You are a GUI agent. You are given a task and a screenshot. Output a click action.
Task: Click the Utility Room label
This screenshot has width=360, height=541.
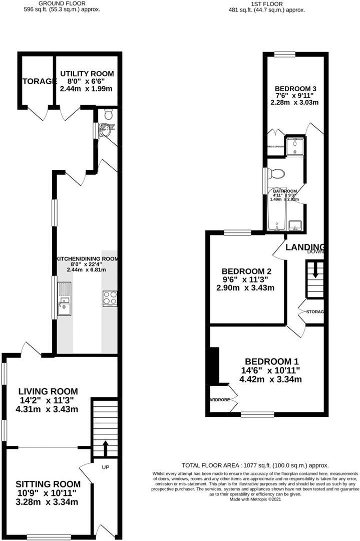click(87, 74)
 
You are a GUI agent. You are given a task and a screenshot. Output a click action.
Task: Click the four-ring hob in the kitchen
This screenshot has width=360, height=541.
click(110, 299)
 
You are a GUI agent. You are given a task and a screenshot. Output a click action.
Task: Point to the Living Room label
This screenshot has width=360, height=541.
click(48, 391)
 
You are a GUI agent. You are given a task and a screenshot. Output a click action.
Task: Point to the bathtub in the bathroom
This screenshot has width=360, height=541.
click(276, 213)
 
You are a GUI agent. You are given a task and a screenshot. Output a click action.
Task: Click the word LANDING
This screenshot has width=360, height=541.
click(305, 246)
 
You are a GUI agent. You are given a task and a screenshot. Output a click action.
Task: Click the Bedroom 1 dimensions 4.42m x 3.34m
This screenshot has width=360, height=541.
click(271, 379)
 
